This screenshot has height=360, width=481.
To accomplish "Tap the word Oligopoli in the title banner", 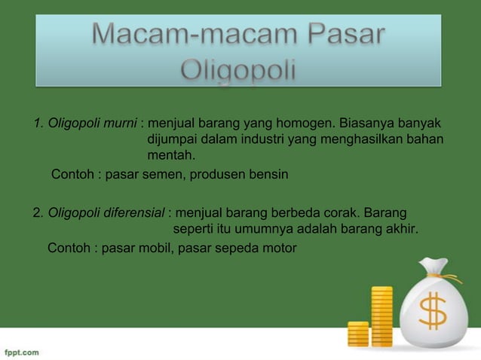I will click(x=240, y=72).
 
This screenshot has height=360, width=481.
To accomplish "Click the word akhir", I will click(x=400, y=229).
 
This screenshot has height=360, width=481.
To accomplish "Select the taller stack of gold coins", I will click(x=381, y=316).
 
